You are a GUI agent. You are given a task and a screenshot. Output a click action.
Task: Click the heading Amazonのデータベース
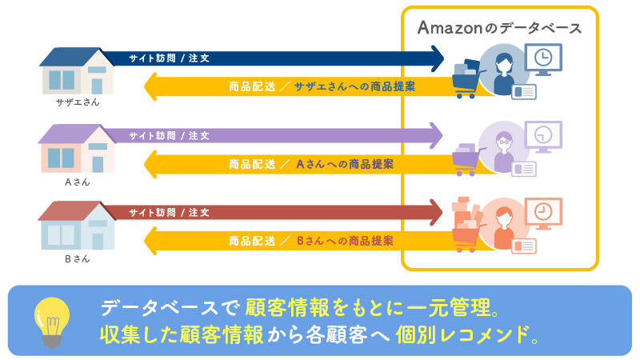point(499,27)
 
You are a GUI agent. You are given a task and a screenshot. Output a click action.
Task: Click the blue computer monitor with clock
point(543,60)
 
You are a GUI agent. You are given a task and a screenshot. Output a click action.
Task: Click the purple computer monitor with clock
point(543,137)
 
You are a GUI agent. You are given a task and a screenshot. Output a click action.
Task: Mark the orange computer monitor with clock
point(543,214)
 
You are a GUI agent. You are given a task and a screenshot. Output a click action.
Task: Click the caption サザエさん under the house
point(78,103)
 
